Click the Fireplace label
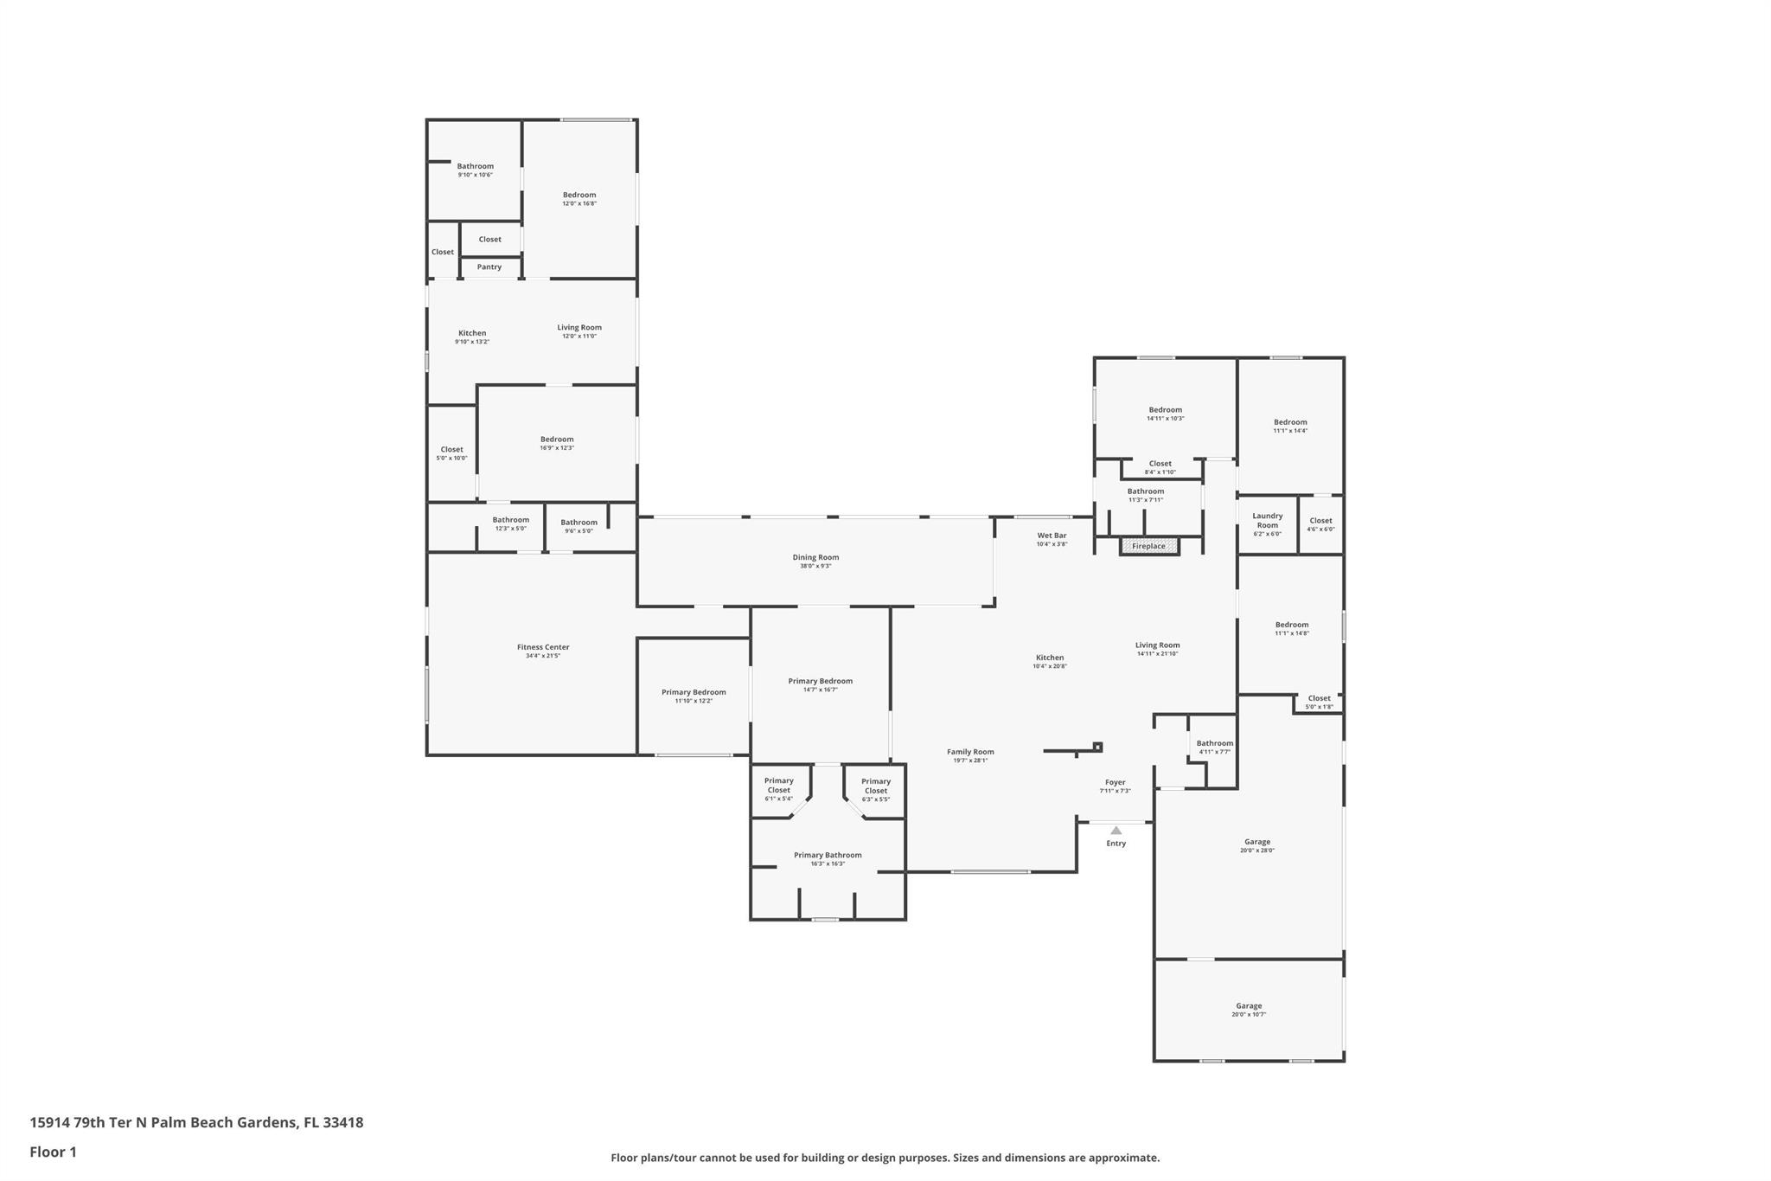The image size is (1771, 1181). coord(1148,546)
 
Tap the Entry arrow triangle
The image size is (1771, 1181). coord(1116,831)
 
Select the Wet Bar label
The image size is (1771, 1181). coord(1052,536)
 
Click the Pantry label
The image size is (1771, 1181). coord(489,266)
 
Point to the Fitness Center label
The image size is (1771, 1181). coord(543,647)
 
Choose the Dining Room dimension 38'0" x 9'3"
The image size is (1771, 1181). coord(815,566)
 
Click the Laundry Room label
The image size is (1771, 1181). coord(1267,520)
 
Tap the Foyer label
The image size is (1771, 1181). coord(1115,782)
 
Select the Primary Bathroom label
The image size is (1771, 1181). coord(828,855)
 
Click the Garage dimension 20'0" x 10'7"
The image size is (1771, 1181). coord(1248,1014)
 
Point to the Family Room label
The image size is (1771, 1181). coord(970,752)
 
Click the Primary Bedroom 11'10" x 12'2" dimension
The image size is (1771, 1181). coord(694,701)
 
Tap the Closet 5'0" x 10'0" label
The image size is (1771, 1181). coord(451,449)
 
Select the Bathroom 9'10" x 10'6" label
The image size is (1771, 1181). coord(475,166)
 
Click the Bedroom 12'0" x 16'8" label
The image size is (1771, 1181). coord(579,195)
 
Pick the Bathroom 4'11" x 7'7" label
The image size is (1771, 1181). coord(1214,743)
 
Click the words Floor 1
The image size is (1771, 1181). coord(53,1152)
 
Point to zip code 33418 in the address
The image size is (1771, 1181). coord(342,1122)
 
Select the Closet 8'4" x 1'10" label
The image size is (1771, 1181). coord(1160,464)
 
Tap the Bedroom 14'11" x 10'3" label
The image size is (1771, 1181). coord(1165,410)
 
